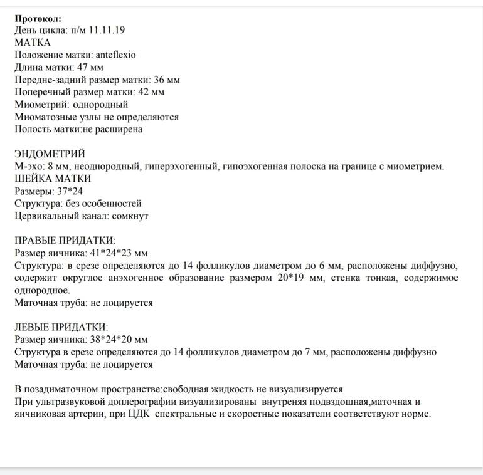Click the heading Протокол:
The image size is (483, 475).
pos(38,18)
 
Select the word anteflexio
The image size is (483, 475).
pos(113,55)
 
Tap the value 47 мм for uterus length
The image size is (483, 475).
pos(90,67)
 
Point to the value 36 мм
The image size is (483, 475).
pos(167,80)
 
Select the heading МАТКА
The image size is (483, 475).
pos(33,43)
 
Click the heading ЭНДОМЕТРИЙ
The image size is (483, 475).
pos(50,154)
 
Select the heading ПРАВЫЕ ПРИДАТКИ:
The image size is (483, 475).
pos(65,241)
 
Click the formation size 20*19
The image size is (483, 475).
pos(293,278)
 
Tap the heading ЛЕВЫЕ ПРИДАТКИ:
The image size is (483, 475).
pos(61,327)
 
